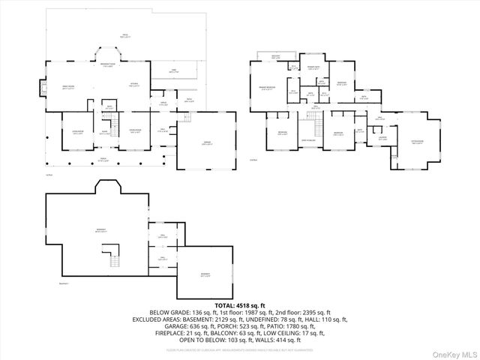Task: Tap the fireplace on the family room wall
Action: [42, 88]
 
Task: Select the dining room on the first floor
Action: [136, 132]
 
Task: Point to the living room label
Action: [77, 132]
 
